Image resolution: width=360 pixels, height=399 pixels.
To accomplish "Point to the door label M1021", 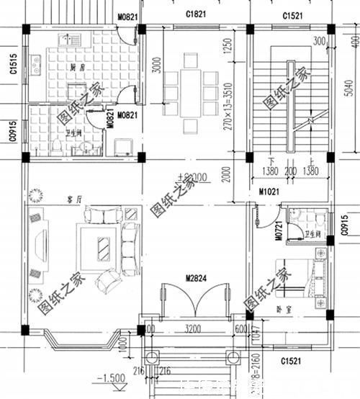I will (x=269, y=193).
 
